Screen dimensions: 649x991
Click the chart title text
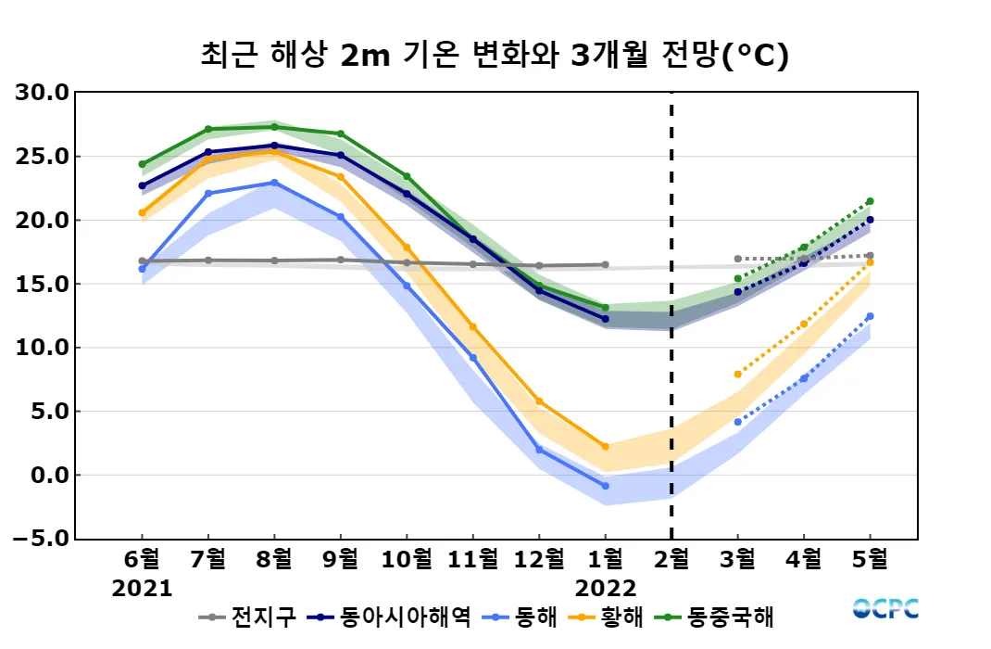495,56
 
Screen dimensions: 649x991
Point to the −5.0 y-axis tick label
41,539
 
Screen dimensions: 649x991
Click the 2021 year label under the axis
142,589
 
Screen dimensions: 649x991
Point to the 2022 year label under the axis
606,589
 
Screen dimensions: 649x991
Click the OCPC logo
885,609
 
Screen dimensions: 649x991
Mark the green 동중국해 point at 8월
274,127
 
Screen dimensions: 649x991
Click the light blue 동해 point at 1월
606,486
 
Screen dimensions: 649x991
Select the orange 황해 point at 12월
539,401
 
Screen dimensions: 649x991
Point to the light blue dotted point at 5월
870,316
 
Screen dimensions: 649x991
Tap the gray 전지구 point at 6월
142,261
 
